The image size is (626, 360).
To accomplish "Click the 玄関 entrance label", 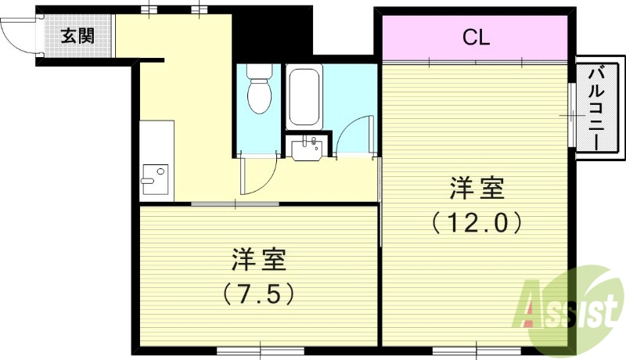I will coord(76,35).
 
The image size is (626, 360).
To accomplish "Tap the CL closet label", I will coord(476,37).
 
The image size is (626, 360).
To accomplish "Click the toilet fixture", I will coord(258,90).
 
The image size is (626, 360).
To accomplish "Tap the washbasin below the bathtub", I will coord(308,146).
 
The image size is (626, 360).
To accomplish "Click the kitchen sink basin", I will coord(153,178).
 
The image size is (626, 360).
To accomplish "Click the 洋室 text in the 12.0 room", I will coord(477,189).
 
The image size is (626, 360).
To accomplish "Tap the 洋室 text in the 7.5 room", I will coord(257,259).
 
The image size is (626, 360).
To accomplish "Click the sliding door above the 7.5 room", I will coord(235,204).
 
